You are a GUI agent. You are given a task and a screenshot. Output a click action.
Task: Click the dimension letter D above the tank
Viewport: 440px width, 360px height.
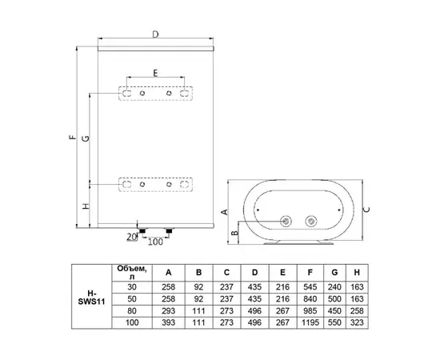pyautogui.click(x=155, y=35)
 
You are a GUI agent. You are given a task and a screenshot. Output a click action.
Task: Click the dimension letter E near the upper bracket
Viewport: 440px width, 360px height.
pyautogui.click(x=154, y=73)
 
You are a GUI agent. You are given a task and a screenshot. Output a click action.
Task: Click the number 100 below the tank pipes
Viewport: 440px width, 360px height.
pyautogui.click(x=154, y=241)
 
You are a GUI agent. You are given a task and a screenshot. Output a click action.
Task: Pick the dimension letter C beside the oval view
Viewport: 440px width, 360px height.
pyautogui.click(x=366, y=209)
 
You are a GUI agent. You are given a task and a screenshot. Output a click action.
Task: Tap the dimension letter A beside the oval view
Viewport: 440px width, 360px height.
pyautogui.click(x=226, y=210)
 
